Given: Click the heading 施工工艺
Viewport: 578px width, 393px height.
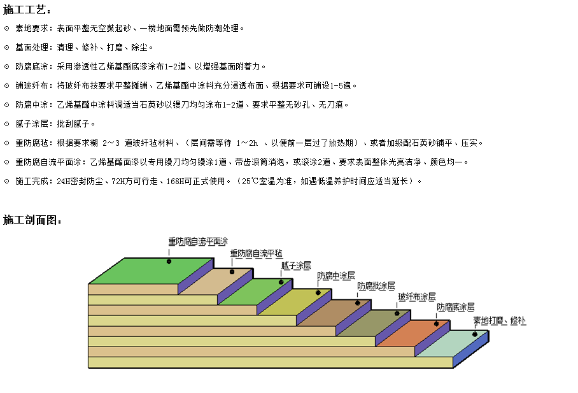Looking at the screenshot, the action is coord(24,10).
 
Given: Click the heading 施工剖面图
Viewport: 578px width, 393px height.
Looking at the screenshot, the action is coord(30,220).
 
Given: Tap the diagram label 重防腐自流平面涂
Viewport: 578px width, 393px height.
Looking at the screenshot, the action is coord(198,241).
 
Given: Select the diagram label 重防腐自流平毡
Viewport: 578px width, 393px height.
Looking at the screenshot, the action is coord(256,253).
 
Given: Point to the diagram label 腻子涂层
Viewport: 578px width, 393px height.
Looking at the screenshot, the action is coord(296,266).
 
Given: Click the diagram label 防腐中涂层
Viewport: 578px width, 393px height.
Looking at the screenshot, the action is coord(336,276).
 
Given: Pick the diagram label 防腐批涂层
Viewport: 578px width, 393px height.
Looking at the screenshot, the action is coord(376,286).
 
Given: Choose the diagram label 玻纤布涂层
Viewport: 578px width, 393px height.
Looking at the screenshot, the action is coord(417,297).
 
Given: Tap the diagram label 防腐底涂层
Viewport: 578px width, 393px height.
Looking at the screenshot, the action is coord(456,307).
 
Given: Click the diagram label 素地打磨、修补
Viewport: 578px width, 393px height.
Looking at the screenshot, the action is coord(500,320).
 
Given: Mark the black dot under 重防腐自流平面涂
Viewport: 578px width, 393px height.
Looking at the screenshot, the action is coord(169,261).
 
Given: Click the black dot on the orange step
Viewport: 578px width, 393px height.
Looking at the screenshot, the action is coord(436,324).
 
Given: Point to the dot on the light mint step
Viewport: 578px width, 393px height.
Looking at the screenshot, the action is coord(475,334).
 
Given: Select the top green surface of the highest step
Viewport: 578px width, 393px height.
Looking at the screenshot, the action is coord(151,271).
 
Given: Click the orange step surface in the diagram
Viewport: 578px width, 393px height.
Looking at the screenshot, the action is coord(413,333).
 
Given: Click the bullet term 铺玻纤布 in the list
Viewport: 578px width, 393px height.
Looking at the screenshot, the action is coord(32,85).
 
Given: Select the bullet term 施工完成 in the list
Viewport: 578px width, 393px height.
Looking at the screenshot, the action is coord(32,181).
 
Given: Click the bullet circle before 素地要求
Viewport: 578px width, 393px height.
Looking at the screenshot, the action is coord(6,29).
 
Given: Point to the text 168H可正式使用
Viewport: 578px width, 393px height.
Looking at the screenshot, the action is coord(195,181).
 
